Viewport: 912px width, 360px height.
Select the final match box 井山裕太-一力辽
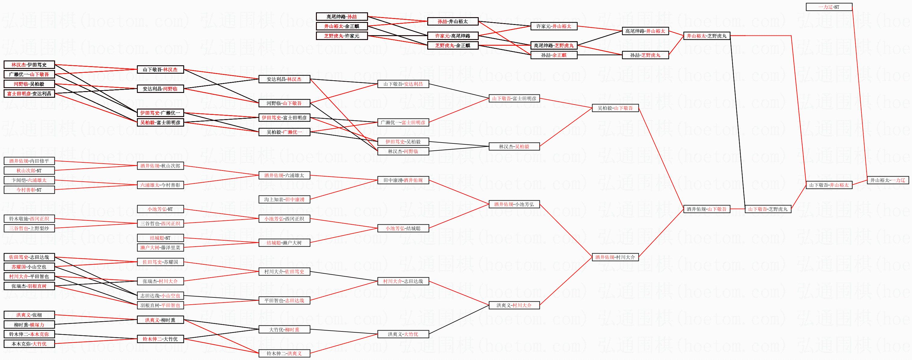888,180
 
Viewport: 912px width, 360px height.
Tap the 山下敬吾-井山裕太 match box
829,185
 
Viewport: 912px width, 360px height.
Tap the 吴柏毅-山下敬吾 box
615,108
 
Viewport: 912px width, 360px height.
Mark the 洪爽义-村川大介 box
514,305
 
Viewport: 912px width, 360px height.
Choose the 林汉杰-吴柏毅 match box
514,146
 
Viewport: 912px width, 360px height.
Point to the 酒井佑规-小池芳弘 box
514,204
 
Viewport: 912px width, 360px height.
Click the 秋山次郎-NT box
29,171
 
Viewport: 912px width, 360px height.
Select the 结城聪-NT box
160,238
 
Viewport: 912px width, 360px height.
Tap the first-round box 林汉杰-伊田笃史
29,65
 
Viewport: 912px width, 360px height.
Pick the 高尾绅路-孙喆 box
342,17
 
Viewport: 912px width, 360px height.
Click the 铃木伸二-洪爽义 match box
284,353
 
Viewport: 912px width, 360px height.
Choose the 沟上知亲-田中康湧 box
284,200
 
